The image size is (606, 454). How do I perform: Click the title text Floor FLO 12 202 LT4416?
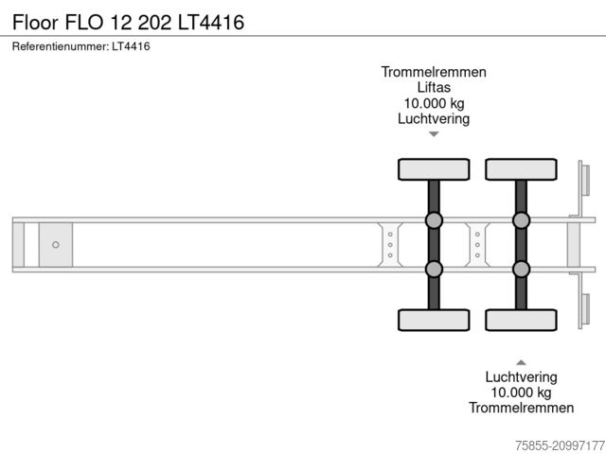tap(128, 20)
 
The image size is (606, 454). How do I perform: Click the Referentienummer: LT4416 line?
tap(81, 46)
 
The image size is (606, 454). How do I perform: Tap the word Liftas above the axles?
tap(434, 87)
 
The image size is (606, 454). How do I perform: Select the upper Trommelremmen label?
tap(434, 72)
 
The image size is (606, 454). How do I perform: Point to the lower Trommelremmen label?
tap(521, 408)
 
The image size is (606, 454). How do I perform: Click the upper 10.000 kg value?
tap(434, 103)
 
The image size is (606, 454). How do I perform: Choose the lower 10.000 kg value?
tap(521, 392)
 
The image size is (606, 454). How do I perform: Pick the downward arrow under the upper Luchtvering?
tap(434, 134)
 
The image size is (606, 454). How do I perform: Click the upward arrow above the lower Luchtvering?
tap(521, 361)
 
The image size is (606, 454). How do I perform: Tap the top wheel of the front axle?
tap(434, 169)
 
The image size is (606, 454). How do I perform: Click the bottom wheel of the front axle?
tap(434, 320)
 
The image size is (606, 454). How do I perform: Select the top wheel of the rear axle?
tap(521, 169)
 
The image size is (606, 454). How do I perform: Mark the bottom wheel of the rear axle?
tap(521, 320)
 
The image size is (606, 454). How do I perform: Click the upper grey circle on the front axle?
tap(434, 220)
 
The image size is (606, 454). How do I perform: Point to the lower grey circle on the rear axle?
tap(521, 269)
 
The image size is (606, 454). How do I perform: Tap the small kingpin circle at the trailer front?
tap(56, 245)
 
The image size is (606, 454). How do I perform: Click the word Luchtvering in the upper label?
tap(434, 119)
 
